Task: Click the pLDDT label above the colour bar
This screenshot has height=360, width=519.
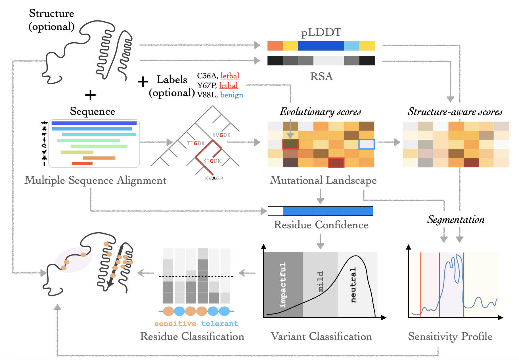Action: [321, 32]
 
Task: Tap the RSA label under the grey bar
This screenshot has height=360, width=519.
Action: [321, 76]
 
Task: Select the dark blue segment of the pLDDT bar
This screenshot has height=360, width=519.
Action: [321, 46]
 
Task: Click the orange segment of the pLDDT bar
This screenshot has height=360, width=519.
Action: [275, 46]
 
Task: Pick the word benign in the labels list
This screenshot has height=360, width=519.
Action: [232, 95]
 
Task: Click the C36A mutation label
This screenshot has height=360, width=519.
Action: [207, 76]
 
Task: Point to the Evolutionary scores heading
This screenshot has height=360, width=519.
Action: [320, 112]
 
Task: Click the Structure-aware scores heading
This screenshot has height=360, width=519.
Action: [455, 112]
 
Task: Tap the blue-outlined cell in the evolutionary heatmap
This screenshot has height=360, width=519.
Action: [367, 144]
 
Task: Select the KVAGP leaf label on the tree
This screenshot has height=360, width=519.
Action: [214, 179]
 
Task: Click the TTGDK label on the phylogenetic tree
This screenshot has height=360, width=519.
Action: [196, 143]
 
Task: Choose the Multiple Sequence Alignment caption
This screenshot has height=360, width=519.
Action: [95, 180]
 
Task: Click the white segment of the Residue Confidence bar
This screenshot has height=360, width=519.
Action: [275, 211]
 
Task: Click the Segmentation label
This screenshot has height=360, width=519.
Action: [456, 219]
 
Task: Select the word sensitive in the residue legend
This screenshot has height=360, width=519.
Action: [175, 324]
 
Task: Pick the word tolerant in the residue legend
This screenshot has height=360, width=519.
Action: [220, 324]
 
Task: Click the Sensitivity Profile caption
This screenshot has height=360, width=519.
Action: [450, 336]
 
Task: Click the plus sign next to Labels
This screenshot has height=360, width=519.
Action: [143, 82]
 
